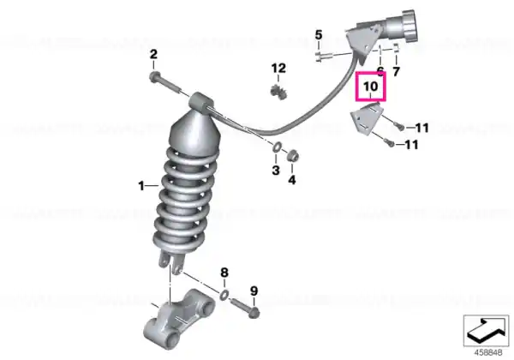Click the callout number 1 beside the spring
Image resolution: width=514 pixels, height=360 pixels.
click(141, 186)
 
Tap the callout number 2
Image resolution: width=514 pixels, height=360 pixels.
click(153, 54)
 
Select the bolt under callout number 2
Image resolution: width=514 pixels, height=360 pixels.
click(164, 83)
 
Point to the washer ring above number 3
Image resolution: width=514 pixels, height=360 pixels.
click(276, 147)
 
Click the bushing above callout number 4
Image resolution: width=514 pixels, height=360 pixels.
click(292, 155)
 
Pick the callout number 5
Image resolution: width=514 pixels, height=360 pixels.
click(319, 35)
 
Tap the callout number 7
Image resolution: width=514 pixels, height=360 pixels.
click(397, 71)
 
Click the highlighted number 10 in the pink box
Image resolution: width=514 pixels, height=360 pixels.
click(371, 87)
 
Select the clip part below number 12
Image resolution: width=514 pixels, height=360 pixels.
click(279, 90)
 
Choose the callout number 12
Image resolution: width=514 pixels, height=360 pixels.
click(278, 69)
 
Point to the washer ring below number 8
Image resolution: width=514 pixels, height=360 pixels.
click(224, 295)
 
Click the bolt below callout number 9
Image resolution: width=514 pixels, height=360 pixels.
click(246, 308)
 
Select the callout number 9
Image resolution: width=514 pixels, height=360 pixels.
click(254, 291)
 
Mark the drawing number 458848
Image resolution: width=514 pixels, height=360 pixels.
click(488, 353)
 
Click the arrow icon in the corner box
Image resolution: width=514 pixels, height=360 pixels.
click(486, 330)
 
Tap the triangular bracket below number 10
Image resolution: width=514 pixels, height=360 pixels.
click(366, 118)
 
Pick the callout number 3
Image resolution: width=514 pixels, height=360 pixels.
click(276, 171)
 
